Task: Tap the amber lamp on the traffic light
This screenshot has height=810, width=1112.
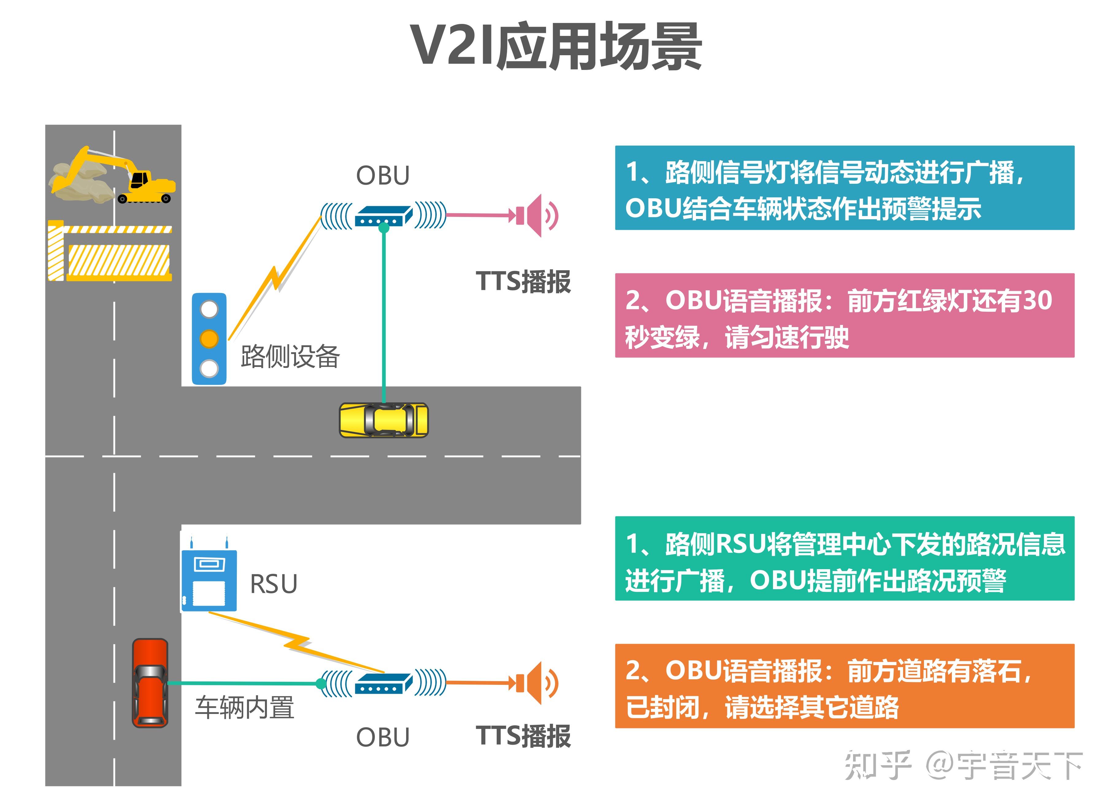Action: tap(209, 339)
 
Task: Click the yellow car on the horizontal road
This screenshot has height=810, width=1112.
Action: tap(384, 420)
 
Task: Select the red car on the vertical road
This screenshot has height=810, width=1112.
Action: tap(150, 683)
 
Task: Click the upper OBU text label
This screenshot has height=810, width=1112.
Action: tap(383, 175)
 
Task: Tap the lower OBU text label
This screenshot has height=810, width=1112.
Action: tap(383, 737)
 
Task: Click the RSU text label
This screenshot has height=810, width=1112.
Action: tap(274, 584)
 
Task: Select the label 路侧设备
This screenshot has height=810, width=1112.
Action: tap(290, 357)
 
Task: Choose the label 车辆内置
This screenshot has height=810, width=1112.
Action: tap(245, 708)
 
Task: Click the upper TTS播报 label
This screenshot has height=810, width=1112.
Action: tap(523, 282)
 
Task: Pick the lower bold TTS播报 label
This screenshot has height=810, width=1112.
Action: tap(523, 736)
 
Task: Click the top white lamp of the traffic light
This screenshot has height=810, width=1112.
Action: tap(209, 309)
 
